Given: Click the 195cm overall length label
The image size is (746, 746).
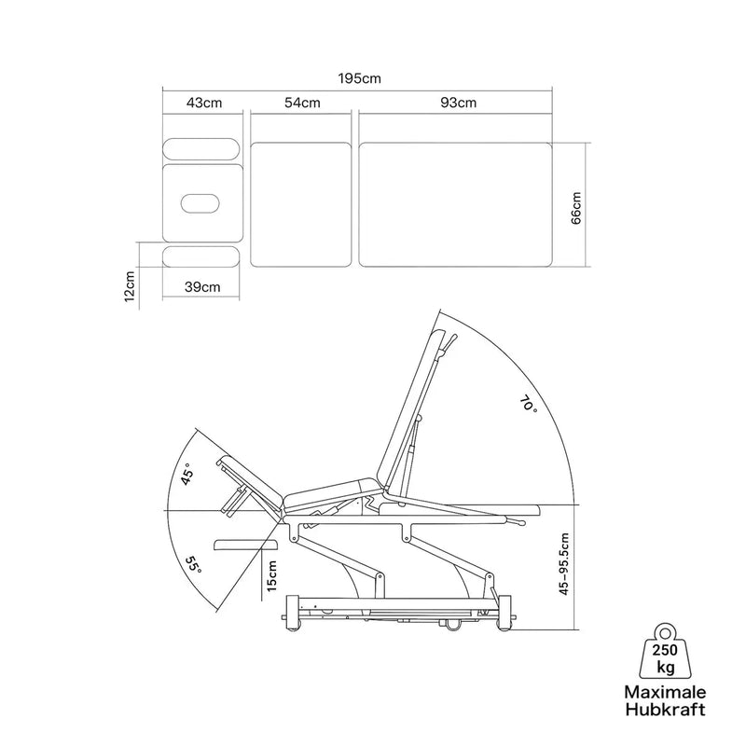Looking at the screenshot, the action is (359, 78).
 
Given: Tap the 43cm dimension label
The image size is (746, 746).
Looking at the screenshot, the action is (204, 103).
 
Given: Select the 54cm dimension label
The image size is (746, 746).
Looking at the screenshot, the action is (302, 103).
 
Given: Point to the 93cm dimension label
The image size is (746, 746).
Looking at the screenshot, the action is (458, 103).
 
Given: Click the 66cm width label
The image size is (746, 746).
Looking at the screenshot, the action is (575, 208).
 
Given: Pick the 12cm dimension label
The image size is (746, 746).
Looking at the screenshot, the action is (130, 286).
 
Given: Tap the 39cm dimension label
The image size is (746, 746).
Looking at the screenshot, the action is (202, 287).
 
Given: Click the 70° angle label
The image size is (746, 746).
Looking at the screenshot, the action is (528, 405).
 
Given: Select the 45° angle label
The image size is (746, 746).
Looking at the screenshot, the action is (188, 474).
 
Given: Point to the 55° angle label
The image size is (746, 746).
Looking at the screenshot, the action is (193, 565).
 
